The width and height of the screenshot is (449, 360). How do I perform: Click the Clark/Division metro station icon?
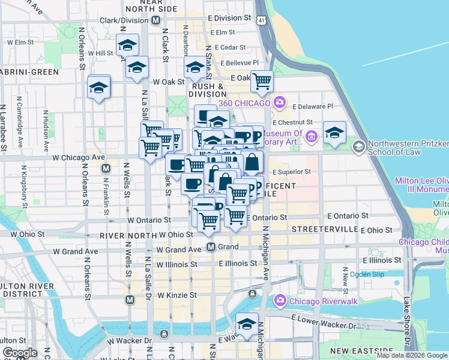tap(155, 20)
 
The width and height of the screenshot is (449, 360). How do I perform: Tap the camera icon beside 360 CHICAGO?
tap(279, 103)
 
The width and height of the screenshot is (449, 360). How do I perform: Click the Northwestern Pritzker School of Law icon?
tap(358, 146)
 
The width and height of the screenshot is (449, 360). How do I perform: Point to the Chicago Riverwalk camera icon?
tap(279, 300)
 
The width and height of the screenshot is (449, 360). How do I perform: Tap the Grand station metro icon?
tap(211, 247)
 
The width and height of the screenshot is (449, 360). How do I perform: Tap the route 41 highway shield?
tap(261, 20)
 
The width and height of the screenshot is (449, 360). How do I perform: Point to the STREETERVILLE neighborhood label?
tap(324, 230)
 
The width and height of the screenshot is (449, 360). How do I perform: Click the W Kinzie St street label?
tap(177, 295)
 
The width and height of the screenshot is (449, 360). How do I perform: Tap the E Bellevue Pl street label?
tap(240, 62)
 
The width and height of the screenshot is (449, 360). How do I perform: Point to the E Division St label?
tap(230, 18)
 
